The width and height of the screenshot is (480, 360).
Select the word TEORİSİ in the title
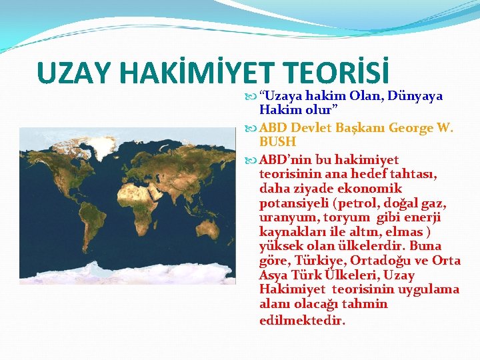[340, 73]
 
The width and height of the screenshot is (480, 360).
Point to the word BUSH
[277, 142]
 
